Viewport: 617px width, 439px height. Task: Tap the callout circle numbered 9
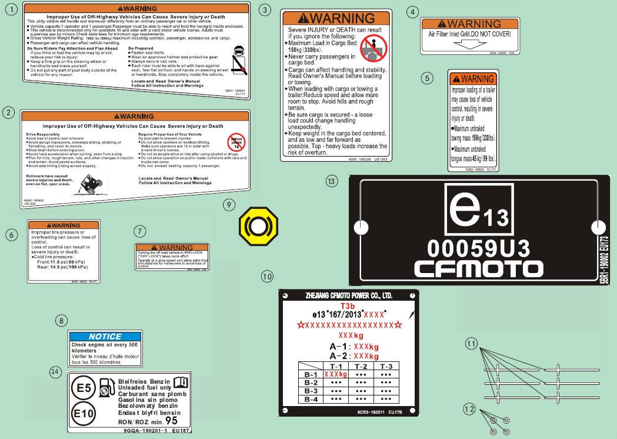pyautogui.click(x=229, y=204)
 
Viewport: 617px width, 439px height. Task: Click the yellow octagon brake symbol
pyautogui.click(x=257, y=227)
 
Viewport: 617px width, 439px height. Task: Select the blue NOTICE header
pyautogui.click(x=105, y=337)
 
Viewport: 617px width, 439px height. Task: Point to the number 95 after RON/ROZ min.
pyautogui.click(x=171, y=421)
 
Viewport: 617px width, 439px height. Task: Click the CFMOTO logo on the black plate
pyautogui.click(x=478, y=269)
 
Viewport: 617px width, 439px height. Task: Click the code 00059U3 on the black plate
pyautogui.click(x=478, y=245)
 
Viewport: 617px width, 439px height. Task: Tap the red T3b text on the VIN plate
pyautogui.click(x=348, y=306)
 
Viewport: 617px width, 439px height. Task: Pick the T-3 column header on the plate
pyautogui.click(x=386, y=366)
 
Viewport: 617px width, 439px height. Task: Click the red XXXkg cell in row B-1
pyautogui.click(x=336, y=374)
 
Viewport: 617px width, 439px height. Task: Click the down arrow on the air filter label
pyautogui.click(x=468, y=44)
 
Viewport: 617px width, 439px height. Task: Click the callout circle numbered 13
pyautogui.click(x=332, y=181)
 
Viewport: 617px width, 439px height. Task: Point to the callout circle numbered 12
pyautogui.click(x=469, y=408)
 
